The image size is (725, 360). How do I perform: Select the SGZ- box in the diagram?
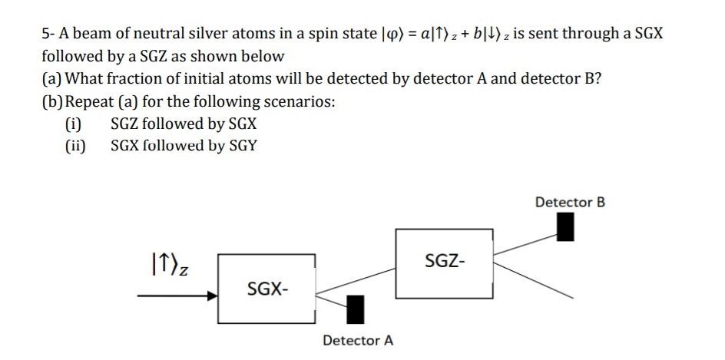(x=445, y=262)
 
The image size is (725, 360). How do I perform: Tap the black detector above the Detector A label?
(x=356, y=309)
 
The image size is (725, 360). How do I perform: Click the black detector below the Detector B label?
(x=565, y=226)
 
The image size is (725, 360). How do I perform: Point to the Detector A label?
(x=358, y=340)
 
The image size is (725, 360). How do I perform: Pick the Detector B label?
(x=570, y=202)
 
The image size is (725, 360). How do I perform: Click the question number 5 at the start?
(x=46, y=34)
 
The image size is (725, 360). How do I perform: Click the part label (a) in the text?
(x=52, y=79)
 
